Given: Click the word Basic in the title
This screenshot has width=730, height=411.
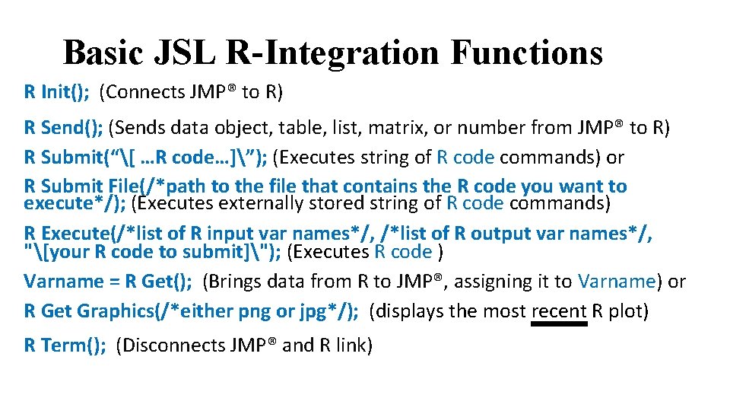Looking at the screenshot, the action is click(x=103, y=53).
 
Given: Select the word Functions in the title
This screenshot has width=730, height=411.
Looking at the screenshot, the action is click(x=526, y=53).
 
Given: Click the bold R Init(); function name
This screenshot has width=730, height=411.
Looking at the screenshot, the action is click(x=57, y=92).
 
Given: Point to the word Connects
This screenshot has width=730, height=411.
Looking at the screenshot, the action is click(x=144, y=92).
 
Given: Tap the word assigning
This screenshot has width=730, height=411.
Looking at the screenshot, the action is click(x=495, y=281).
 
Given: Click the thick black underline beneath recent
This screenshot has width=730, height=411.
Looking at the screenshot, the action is click(x=559, y=323).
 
